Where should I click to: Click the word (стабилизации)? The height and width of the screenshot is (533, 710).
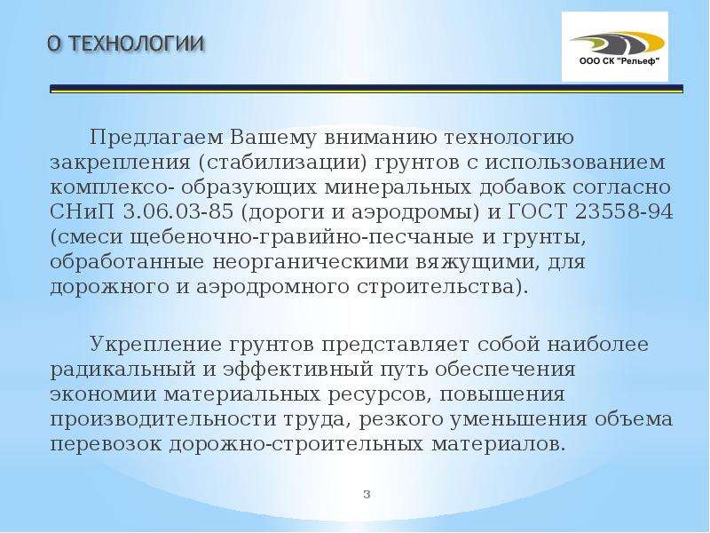[x=281, y=163]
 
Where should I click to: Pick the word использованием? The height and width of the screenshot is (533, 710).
[x=575, y=163]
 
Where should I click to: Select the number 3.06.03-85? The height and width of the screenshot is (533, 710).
[x=178, y=212]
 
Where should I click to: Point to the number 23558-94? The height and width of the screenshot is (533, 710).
[x=624, y=212]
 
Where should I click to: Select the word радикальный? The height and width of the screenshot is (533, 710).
[x=120, y=370]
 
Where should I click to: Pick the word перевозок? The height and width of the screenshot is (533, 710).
[x=106, y=444]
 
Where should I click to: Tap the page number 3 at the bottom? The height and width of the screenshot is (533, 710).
[x=367, y=495]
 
